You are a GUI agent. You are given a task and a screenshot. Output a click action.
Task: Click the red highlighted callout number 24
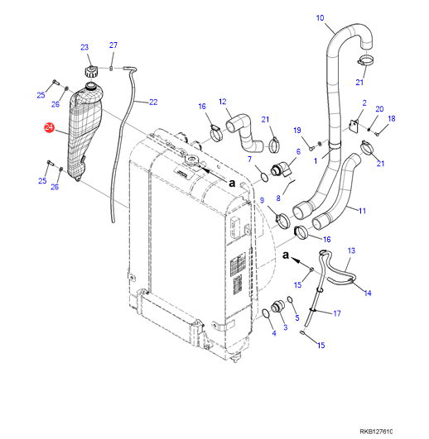pos(49,127)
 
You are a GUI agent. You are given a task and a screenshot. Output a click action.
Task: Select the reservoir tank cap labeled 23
pos(90,71)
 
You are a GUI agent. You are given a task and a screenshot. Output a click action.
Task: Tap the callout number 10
pos(320,18)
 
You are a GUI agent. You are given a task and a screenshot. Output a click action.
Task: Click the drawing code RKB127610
pos(376,432)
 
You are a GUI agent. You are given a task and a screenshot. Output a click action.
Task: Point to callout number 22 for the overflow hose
pos(153,103)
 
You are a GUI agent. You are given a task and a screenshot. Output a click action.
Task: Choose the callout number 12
pos(222,102)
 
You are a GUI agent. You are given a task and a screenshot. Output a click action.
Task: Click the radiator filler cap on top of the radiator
pos(191,160)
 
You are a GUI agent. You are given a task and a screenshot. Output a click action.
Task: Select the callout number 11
pos(362,211)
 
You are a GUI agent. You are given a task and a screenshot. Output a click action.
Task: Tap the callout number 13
pos(351,251)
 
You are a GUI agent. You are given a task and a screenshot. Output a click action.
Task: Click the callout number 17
pos(337,313)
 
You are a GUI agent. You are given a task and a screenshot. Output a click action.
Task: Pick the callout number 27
pos(113,45)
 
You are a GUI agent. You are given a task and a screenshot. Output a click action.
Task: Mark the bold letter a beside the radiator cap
pos(232,184)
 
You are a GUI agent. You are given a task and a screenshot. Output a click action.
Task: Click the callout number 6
pos(298,151)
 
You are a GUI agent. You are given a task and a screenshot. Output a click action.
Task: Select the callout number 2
pos(364,103)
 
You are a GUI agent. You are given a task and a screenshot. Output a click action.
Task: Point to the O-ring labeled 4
pos(266,314)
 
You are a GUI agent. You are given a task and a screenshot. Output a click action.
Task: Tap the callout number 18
pos(392,119)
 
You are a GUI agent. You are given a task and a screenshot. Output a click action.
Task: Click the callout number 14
pos(368,293)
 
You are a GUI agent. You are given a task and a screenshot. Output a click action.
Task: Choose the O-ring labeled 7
pos(264,177)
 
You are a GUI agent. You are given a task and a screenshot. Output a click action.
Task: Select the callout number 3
pos(286,327)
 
